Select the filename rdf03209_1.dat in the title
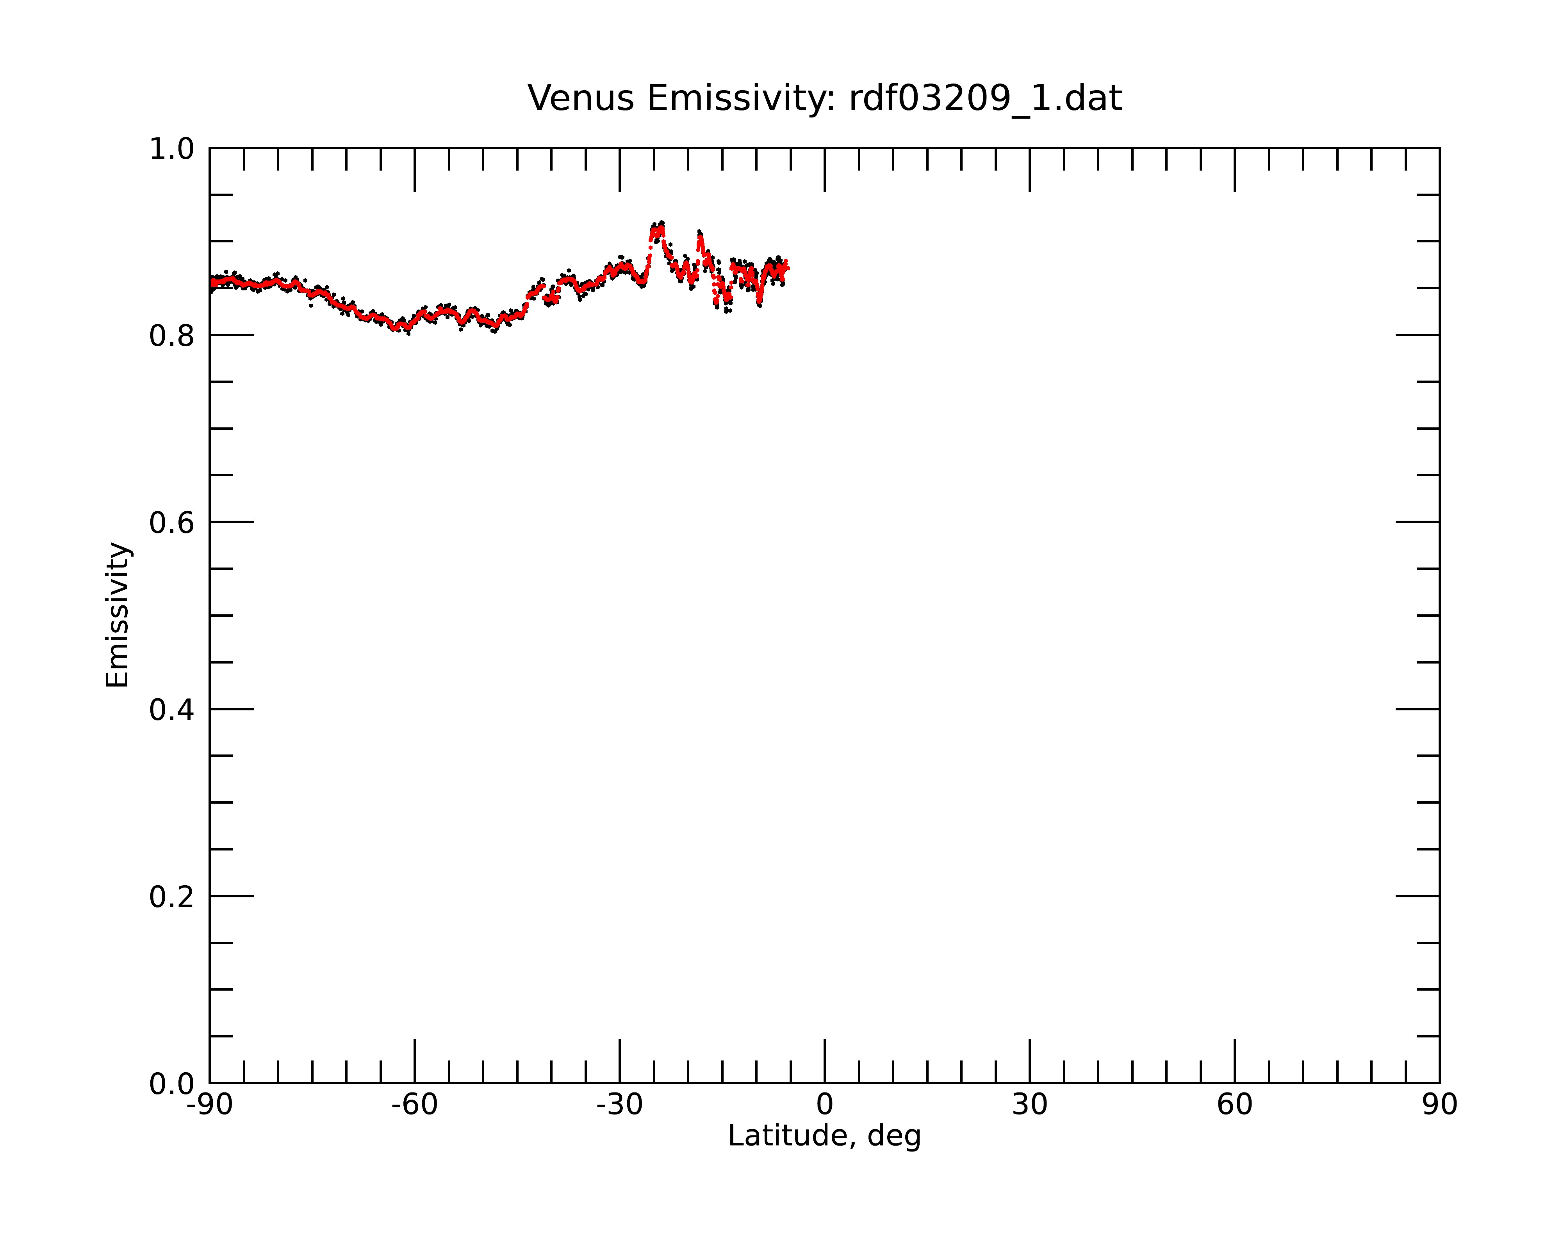pos(985,98)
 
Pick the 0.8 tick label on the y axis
pos(172,336)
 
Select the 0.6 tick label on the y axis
pos(172,523)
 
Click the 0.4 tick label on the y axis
pos(172,710)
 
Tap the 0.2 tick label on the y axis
pos(172,897)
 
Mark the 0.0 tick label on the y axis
pos(172,1084)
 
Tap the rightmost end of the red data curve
pos(788,268)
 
